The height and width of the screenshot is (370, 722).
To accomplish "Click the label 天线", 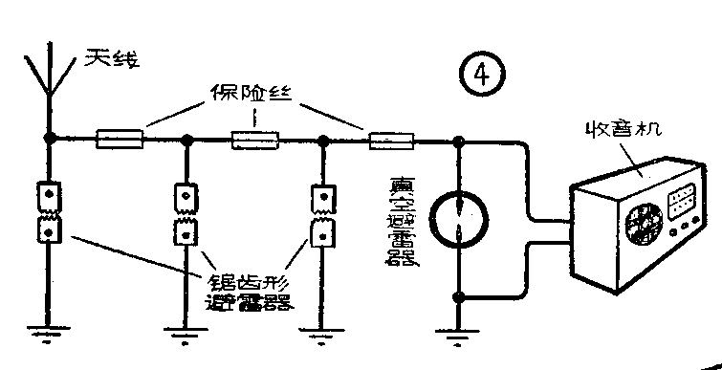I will (111, 60).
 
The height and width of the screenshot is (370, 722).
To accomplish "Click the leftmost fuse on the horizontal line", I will (120, 141).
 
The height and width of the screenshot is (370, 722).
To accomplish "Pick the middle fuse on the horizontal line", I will (255, 141).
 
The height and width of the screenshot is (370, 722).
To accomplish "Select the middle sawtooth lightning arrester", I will (187, 212).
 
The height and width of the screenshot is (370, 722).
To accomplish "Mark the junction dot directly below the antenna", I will (47, 140).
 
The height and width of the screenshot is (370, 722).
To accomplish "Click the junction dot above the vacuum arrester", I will (460, 141).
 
